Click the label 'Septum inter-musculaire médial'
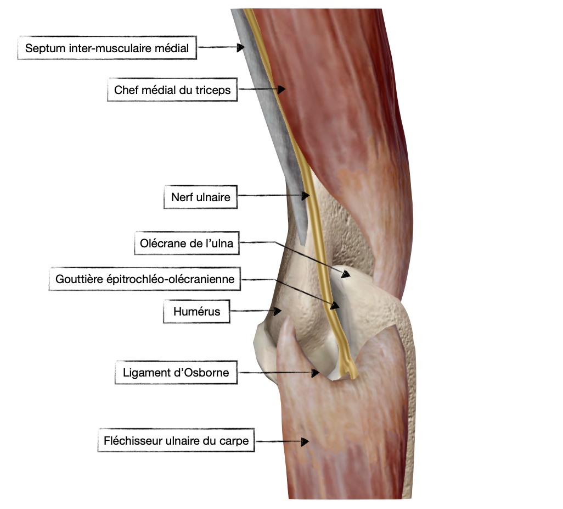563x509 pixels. pyautogui.click(x=107, y=48)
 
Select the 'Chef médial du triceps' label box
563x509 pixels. pyautogui.click(x=172, y=90)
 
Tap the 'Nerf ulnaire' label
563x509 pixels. pyautogui.click(x=201, y=197)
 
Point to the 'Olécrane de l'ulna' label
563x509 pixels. pyautogui.click(x=187, y=243)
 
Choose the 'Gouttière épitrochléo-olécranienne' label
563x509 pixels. pyautogui.click(x=145, y=279)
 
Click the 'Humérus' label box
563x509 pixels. pyautogui.click(x=196, y=311)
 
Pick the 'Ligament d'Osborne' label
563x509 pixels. pyautogui.click(x=176, y=372)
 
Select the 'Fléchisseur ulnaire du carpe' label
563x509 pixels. pyautogui.click(x=176, y=440)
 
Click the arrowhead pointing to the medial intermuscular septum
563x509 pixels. pyautogui.click(x=240, y=47)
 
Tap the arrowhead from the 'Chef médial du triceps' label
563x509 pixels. pyautogui.click(x=281, y=89)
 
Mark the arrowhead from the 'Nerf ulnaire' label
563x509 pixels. pyautogui.click(x=306, y=196)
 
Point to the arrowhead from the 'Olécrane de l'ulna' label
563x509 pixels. pyautogui.click(x=345, y=274)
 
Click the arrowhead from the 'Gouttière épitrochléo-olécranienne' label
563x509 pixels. pyautogui.click(x=335, y=306)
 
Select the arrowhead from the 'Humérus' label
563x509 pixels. pyautogui.click(x=277, y=311)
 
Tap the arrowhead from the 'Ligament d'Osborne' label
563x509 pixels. pyautogui.click(x=316, y=373)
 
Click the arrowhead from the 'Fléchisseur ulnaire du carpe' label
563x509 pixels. pyautogui.click(x=305, y=441)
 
